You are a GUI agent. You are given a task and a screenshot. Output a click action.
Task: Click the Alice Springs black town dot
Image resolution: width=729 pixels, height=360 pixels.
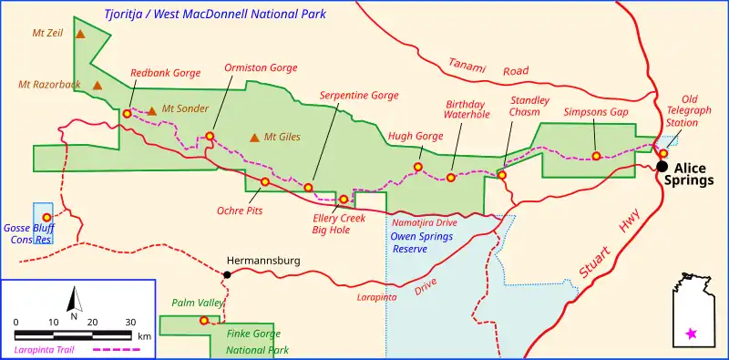click(662, 167)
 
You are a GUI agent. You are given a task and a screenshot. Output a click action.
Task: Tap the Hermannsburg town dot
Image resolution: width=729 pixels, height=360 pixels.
click(227, 274)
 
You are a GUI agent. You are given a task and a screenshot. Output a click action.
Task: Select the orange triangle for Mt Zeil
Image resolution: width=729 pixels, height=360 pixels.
click(81, 34)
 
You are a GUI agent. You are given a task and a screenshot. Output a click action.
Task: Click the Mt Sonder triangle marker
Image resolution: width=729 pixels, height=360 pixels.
click(152, 109)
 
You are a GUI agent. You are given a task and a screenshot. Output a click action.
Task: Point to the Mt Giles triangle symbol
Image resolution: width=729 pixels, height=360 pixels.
click(254, 138)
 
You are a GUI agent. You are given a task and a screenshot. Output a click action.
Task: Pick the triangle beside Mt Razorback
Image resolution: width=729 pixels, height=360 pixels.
click(97, 85)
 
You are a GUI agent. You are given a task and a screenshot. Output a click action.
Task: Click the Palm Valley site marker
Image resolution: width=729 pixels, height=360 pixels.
click(203, 320)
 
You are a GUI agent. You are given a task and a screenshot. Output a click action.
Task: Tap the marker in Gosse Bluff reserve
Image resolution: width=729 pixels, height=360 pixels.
click(46, 217)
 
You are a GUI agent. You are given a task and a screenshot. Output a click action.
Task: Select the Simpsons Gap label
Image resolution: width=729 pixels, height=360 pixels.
click(596, 111)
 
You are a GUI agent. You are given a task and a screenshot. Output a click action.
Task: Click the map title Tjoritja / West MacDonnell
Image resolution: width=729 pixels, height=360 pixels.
click(214, 14)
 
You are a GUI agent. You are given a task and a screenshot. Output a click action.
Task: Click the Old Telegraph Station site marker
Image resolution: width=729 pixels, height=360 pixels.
click(663, 153)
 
